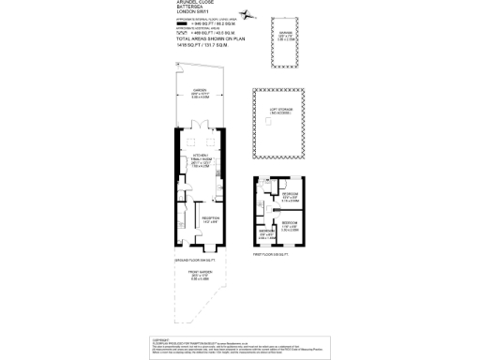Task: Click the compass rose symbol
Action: pyautogui.click(x=246, y=14)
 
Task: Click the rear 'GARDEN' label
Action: pyautogui.click(x=200, y=91)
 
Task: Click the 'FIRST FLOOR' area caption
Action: pyautogui.click(x=270, y=253)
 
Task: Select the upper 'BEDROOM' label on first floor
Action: pyautogui.click(x=290, y=194)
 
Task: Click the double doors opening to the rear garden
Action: pyautogui.click(x=200, y=129)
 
